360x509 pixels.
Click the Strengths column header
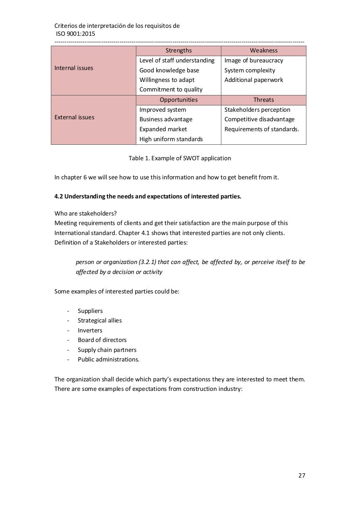click(x=178, y=51)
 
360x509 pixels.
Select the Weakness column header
click(x=263, y=51)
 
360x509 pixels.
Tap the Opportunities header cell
click(x=178, y=100)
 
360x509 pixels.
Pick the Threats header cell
click(x=263, y=100)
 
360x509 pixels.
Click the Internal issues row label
click(x=74, y=68)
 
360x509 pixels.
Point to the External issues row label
click(x=74, y=117)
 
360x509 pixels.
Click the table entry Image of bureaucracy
click(x=254, y=60)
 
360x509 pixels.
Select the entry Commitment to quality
click(x=171, y=89)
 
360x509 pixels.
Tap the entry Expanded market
click(x=163, y=129)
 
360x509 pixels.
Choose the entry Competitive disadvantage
click(x=259, y=119)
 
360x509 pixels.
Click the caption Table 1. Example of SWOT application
click(x=180, y=158)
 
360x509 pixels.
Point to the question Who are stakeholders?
click(x=85, y=214)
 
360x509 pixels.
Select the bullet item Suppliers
click(x=90, y=311)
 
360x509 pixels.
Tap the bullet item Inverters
click(x=90, y=330)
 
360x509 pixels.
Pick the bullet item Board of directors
click(x=102, y=340)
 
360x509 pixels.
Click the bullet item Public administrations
click(x=108, y=359)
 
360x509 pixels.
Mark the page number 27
click(x=302, y=476)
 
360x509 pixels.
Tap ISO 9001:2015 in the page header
click(x=75, y=34)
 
